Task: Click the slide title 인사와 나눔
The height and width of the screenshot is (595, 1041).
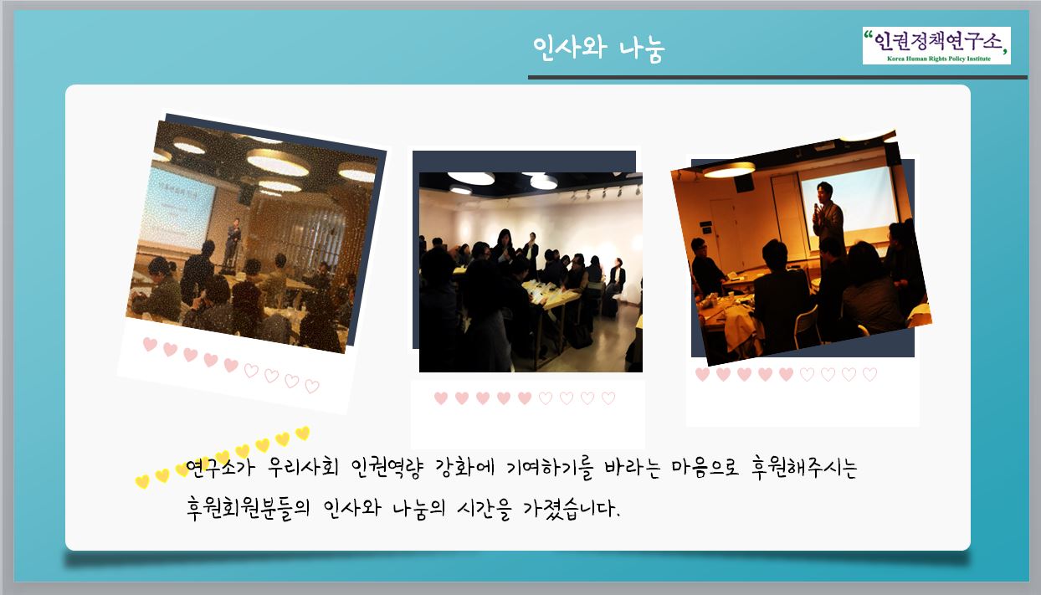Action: (598, 48)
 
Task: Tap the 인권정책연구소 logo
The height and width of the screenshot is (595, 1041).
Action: (936, 45)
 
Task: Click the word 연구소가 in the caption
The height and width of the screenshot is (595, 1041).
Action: (220, 467)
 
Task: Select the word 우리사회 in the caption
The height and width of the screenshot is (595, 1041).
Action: (303, 467)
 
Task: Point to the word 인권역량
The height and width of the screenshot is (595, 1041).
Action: (387, 468)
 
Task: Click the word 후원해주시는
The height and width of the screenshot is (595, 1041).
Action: (804, 468)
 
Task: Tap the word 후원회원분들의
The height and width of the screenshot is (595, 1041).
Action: (248, 508)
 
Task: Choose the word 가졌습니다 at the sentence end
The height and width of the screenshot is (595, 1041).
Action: (572, 509)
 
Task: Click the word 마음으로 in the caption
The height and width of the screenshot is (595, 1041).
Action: (705, 468)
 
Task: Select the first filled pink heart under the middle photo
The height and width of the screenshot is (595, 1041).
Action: (441, 398)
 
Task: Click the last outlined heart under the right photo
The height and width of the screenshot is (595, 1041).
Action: (869, 374)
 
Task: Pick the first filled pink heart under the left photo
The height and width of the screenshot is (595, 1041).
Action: (150, 344)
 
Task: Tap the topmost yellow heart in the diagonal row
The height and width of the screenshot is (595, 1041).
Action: (303, 433)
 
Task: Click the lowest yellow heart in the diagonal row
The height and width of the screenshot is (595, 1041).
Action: (142, 481)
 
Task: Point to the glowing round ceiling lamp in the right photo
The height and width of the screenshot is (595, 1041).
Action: (729, 170)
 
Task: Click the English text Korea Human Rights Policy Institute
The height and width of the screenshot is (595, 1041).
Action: (939, 59)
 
